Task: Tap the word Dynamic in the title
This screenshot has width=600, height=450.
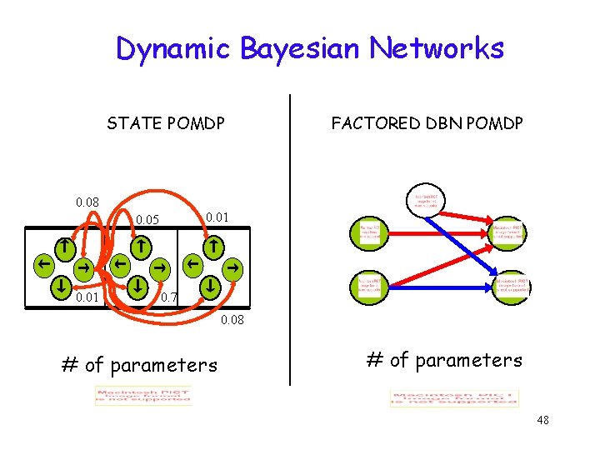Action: tap(174, 48)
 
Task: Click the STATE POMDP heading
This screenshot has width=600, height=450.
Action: tap(166, 123)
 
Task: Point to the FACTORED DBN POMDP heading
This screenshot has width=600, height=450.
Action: tap(427, 123)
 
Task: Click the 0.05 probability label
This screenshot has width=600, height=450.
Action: tap(147, 221)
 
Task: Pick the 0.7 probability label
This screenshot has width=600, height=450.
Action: tap(168, 297)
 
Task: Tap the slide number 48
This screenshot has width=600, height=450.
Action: tap(543, 420)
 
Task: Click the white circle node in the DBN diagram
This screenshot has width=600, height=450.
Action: tap(427, 199)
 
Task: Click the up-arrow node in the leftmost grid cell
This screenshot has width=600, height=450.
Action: tap(63, 247)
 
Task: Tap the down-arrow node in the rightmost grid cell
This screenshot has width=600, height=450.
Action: tap(212, 285)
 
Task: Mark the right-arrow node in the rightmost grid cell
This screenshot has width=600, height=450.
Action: tap(234, 267)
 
